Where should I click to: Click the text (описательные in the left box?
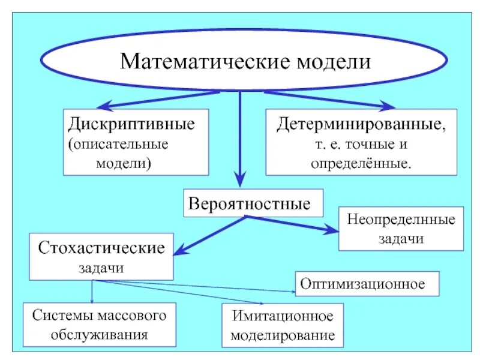pos(118,145)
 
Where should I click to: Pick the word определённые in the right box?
pos(361,163)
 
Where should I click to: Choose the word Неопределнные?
pos(401,219)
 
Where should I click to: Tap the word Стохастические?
pos(101,248)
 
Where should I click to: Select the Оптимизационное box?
pos(367,283)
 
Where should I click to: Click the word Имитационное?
pos(282,316)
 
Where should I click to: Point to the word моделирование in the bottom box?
pos(282,335)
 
